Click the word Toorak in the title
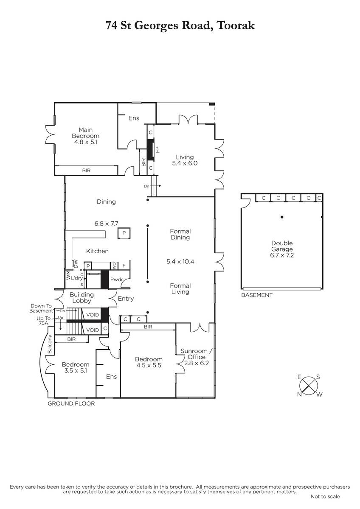pyautogui.click(x=236, y=25)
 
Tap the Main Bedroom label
pyautogui.click(x=85, y=133)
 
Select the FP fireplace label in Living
pyautogui.click(x=157, y=149)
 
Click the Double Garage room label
pyautogui.click(x=282, y=246)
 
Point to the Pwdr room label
pyautogui.click(x=116, y=280)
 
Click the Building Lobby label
pyautogui.click(x=82, y=297)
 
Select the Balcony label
pyautogui.click(x=50, y=344)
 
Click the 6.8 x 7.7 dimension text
pyautogui.click(x=106, y=224)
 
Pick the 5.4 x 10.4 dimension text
pyautogui.click(x=180, y=261)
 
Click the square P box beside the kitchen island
pyautogui.click(x=124, y=233)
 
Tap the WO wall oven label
pyautogui.click(x=114, y=266)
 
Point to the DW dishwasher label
pyautogui.click(x=76, y=263)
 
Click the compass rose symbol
pyautogui.click(x=308, y=386)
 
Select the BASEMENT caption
pyautogui.click(x=257, y=295)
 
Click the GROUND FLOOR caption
pyautogui.click(x=71, y=403)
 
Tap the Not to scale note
pyautogui.click(x=325, y=497)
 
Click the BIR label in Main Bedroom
pyautogui.click(x=86, y=171)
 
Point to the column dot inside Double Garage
pyautogui.click(x=282, y=217)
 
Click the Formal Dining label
pyautogui.click(x=180, y=234)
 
